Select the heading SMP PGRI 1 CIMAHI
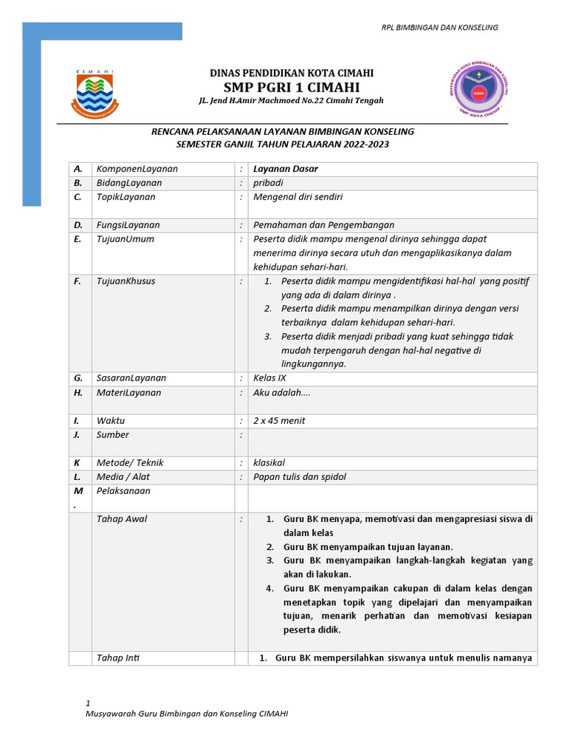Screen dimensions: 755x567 pos(292,86)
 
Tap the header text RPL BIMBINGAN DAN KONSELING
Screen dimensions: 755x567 pos(439,27)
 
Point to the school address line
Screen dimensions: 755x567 pos(292,100)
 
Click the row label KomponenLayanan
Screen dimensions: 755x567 pos(137,169)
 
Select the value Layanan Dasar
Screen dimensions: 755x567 pos(286,169)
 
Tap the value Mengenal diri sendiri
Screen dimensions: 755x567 pos(298,197)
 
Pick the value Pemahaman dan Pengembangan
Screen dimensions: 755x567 pos(323,225)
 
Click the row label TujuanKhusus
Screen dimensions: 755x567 pos(126,281)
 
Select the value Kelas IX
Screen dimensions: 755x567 pos(269,378)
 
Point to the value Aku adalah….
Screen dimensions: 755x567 pos(282,392)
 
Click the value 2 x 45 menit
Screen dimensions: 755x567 pos(279,421)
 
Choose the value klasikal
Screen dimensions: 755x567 pos(269,463)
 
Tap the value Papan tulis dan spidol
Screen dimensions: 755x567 pos(299,477)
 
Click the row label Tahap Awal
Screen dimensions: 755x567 pos(122,519)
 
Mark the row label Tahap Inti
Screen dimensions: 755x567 pos(118,658)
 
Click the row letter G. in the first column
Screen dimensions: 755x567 pos(78,378)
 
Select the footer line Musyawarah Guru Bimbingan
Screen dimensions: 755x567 pos(187,714)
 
